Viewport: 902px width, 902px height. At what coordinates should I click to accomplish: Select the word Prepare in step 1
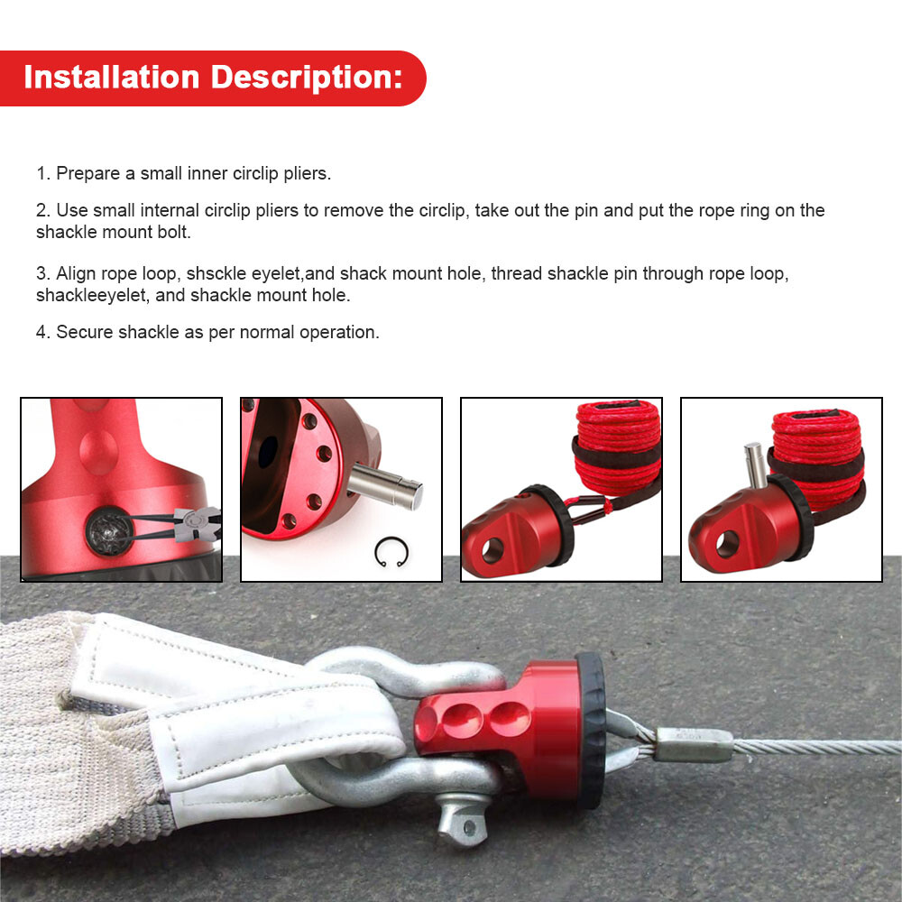click(87, 173)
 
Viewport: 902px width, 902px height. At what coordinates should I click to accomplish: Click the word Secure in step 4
click(86, 332)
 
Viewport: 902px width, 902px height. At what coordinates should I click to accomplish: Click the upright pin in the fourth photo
click(753, 465)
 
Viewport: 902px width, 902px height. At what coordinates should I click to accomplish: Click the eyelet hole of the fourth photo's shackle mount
click(728, 543)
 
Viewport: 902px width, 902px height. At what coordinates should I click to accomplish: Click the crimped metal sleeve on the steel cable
click(693, 744)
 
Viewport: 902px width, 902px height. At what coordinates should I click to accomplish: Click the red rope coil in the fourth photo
click(817, 442)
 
